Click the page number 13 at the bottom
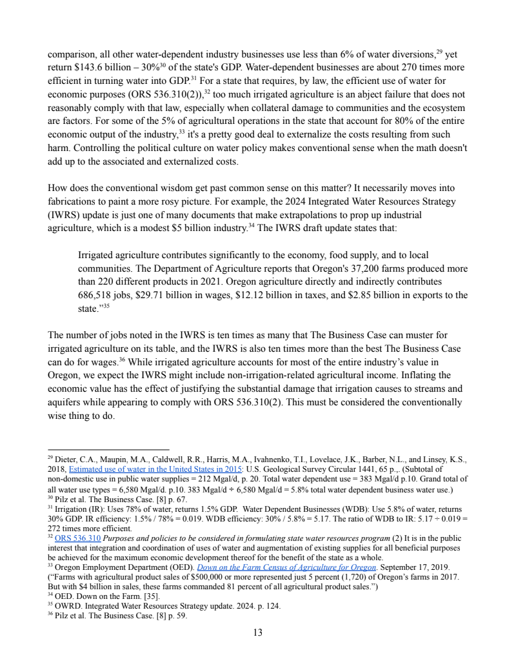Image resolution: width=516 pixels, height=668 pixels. click(257, 633)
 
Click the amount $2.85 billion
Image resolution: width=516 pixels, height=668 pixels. click(401, 296)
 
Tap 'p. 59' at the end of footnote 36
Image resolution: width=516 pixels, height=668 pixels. click(157, 616)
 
